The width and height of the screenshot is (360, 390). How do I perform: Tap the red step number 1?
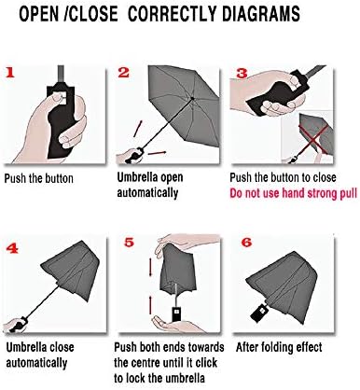pos(10,72)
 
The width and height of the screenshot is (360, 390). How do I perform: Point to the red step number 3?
pos(240,73)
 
